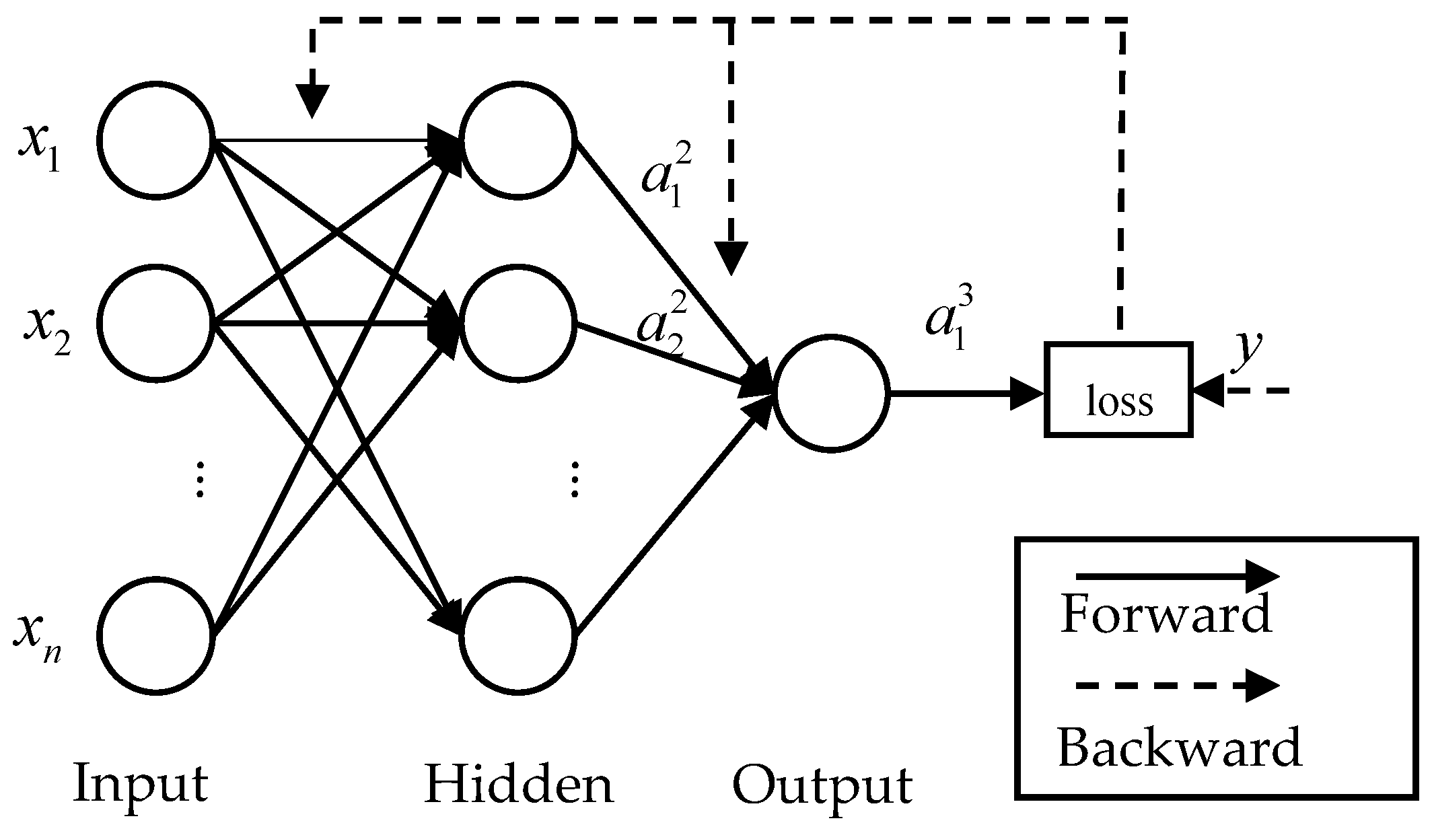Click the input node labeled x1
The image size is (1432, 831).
[156, 140]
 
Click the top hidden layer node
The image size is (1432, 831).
[517, 141]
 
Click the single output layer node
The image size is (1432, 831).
[830, 393]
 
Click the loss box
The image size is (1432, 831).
[1118, 390]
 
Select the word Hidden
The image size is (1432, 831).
[519, 784]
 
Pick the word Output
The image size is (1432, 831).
[822, 785]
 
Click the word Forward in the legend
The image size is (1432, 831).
[1166, 614]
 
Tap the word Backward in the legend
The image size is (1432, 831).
[1179, 747]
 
